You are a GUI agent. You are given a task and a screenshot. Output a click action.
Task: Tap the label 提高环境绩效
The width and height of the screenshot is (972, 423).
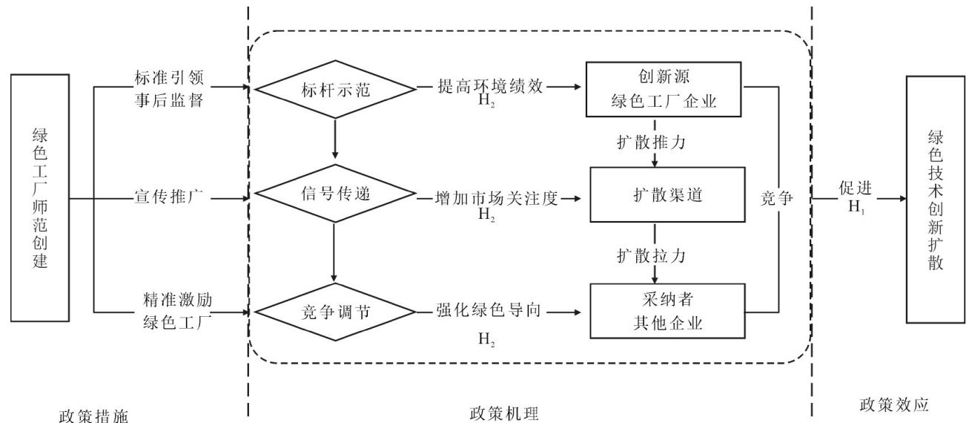coord(490,86)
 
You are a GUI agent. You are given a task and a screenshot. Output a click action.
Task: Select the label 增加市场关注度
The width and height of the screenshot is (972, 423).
coord(497,198)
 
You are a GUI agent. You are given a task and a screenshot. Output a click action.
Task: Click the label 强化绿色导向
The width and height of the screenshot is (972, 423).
coord(489,310)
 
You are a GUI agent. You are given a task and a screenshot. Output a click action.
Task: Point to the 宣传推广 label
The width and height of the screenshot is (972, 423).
coord(169,197)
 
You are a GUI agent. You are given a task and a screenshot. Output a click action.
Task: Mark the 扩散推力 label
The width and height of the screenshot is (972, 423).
coord(651,142)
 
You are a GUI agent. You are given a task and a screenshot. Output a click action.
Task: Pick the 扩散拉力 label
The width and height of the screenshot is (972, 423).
coord(651,256)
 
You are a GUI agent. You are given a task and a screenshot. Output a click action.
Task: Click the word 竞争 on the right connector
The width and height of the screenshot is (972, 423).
coord(777,198)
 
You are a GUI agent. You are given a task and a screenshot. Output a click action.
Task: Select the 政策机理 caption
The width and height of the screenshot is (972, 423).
coord(504,413)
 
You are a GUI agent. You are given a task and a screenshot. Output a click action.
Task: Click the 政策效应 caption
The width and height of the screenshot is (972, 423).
coord(894,404)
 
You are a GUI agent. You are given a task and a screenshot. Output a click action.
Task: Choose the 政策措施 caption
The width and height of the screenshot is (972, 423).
coord(93,415)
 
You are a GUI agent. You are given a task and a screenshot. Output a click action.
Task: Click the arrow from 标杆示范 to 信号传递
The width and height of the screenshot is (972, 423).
coord(334,139)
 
